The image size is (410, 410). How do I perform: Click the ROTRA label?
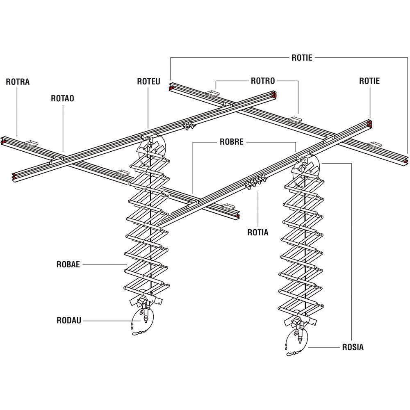coord(18,82)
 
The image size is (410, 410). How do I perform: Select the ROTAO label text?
coord(62,98)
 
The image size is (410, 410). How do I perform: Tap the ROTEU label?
coord(148,82)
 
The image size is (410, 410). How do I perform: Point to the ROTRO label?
coord(262,81)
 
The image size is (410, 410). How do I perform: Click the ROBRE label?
coord(231,142)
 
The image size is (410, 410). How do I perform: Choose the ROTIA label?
coord(258,232)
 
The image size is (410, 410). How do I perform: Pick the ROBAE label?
coord(68,264)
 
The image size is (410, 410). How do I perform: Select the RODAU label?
coord(69,320)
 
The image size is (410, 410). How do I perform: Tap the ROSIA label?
coord(353,347)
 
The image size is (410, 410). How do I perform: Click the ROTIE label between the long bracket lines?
coord(302,57)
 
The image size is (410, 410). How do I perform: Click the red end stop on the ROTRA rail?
coord(3,141)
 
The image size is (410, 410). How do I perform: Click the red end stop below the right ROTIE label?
coord(370,123)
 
